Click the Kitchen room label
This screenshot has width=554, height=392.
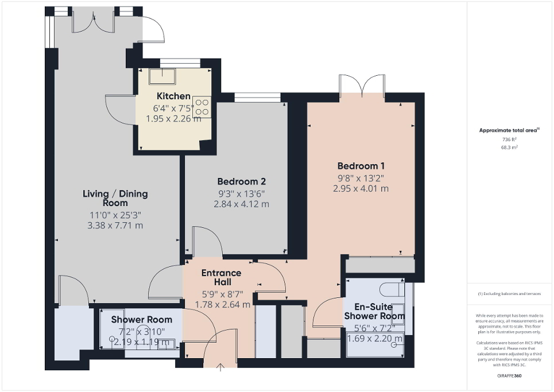173,96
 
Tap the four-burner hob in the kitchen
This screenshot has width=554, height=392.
202,107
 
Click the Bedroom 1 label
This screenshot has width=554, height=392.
361,166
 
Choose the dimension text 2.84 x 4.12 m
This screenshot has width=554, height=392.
241,204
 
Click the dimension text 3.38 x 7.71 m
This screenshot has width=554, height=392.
114,225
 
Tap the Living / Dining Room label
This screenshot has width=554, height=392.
115,198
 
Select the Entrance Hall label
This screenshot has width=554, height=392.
221,278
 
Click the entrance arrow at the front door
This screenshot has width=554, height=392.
221,367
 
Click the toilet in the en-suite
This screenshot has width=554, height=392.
394,287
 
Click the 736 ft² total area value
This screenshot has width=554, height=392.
509,139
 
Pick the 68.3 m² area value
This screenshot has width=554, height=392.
509,148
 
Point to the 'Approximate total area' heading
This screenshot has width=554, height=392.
509,130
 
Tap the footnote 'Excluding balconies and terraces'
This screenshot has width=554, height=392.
509,294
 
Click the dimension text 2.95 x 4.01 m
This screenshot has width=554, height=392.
361,188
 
